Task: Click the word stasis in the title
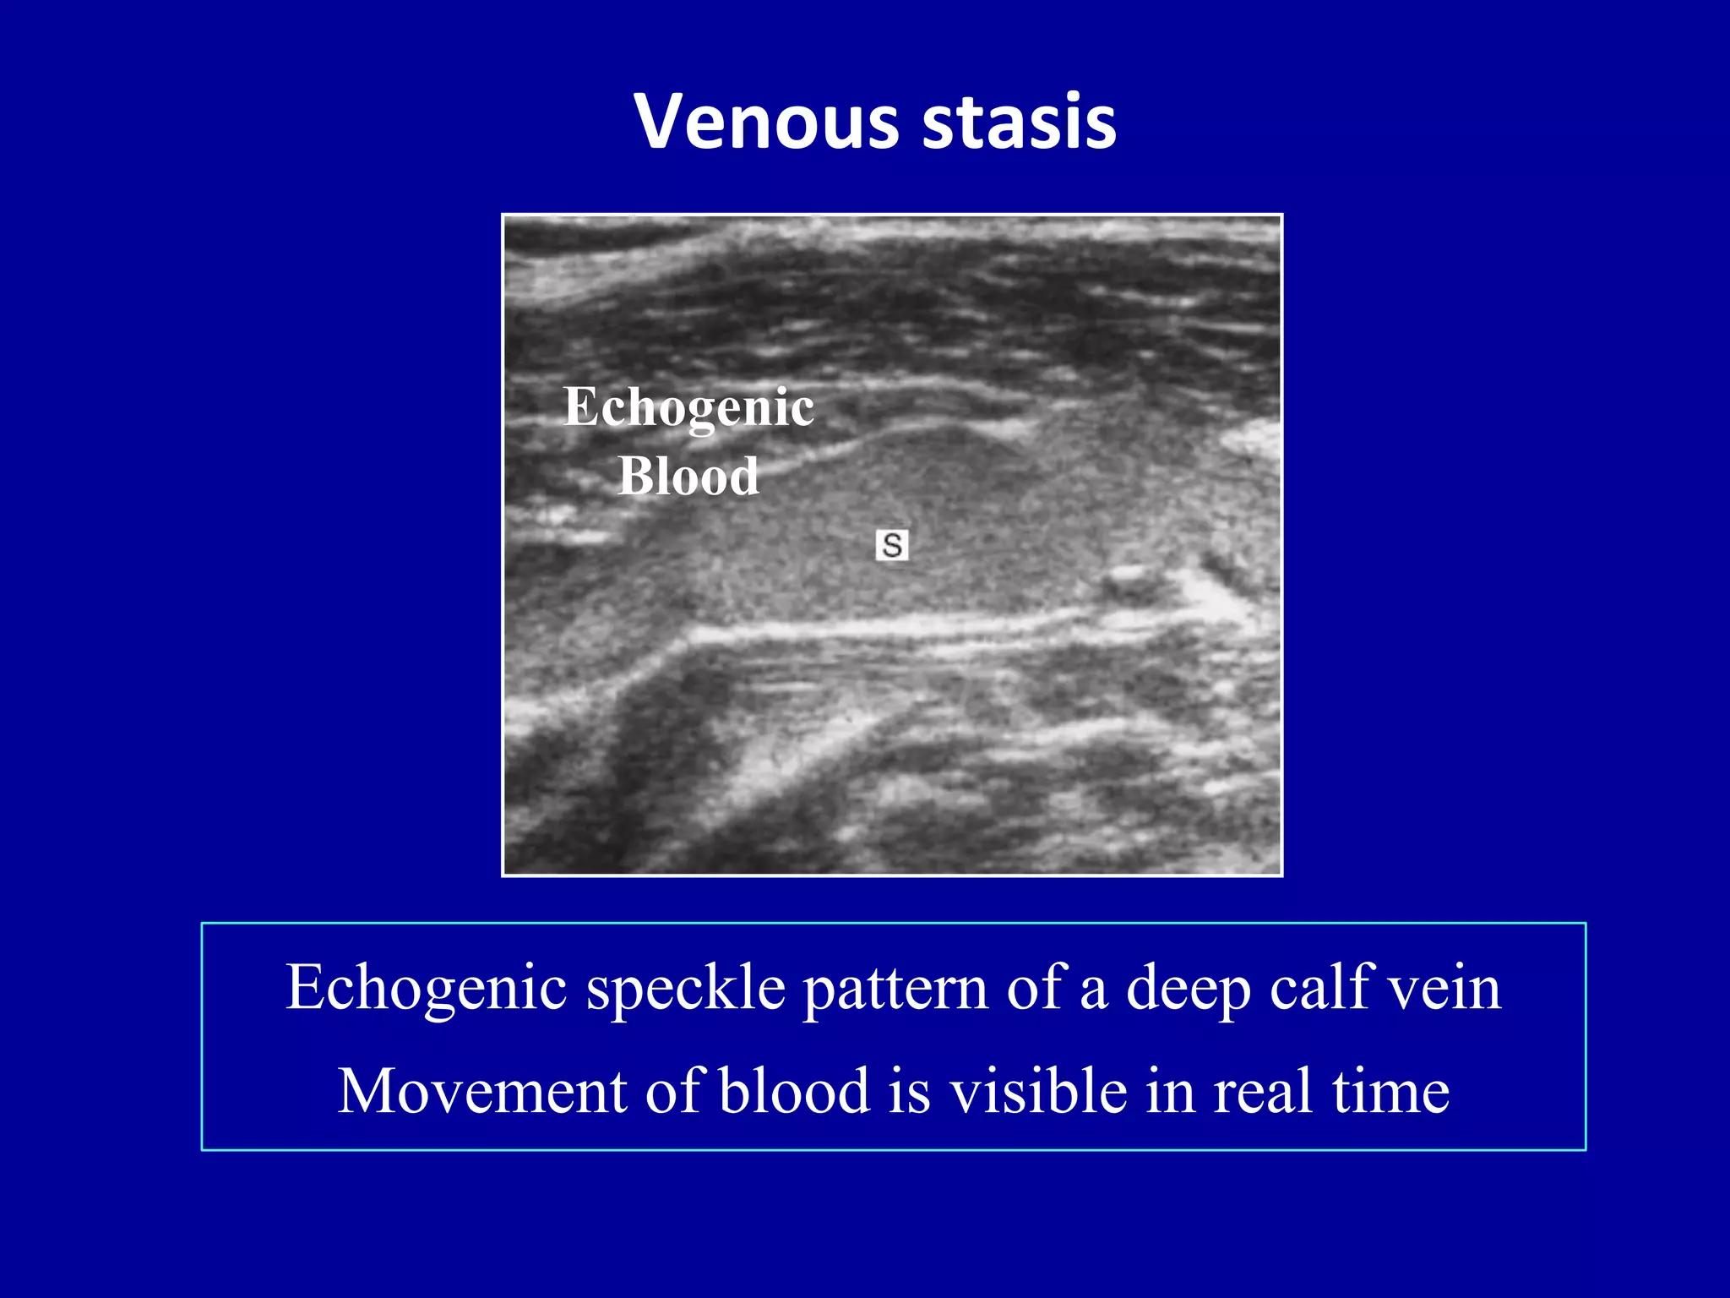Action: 1020,123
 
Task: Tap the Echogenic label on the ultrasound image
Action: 688,408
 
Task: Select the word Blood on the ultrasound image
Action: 688,476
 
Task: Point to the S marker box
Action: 892,545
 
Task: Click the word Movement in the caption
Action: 482,1091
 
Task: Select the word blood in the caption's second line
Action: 794,1091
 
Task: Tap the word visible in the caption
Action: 1038,1091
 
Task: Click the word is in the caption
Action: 909,1091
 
